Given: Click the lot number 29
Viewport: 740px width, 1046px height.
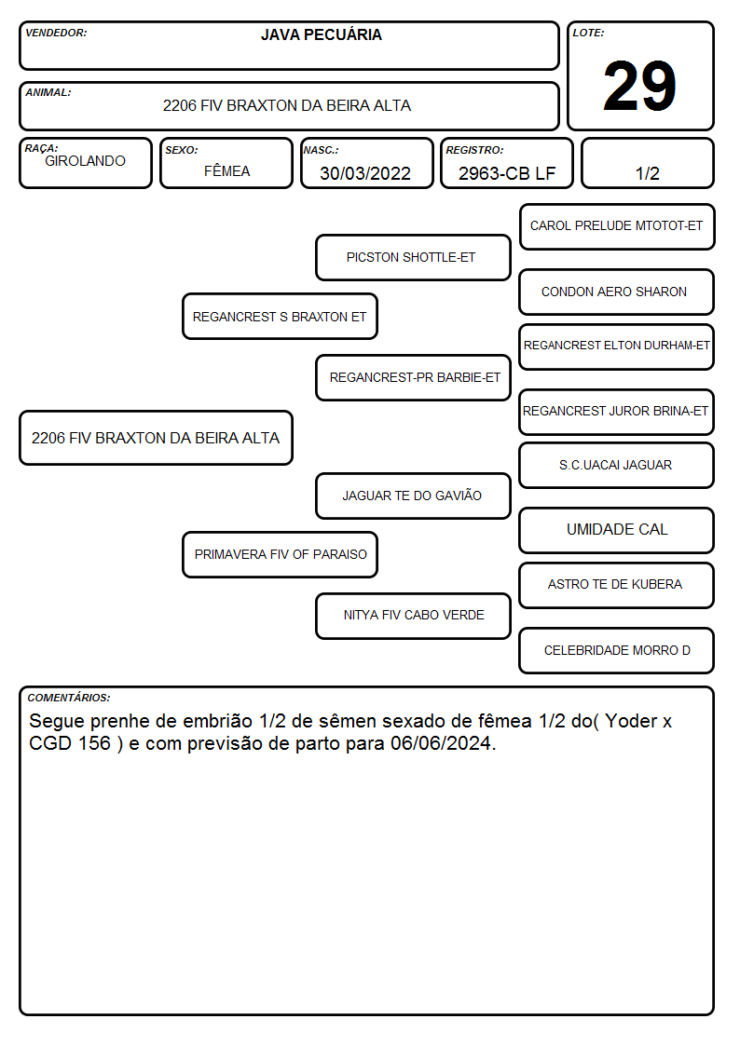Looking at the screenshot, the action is click(639, 86).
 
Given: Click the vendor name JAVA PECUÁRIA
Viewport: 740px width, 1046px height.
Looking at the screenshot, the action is click(321, 34).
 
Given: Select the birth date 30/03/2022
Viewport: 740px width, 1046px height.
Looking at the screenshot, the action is click(365, 173).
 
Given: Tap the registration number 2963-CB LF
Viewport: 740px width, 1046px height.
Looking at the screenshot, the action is click(506, 173).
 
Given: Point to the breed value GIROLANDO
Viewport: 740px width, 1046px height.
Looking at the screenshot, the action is click(85, 161).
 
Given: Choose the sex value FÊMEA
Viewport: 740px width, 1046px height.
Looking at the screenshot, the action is click(226, 170).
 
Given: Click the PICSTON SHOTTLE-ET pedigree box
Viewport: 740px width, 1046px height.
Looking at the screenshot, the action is click(413, 257).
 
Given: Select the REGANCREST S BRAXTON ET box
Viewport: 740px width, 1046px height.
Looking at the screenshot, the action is click(280, 316).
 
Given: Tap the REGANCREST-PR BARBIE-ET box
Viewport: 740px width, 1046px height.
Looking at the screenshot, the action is click(413, 377).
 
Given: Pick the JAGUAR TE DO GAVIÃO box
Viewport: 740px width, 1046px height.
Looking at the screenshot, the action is click(413, 496).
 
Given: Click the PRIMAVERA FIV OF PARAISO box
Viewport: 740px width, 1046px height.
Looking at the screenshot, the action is click(280, 554).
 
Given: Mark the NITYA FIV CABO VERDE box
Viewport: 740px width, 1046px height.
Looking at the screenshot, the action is click(413, 616).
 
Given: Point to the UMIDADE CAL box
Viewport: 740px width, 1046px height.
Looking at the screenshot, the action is click(617, 530).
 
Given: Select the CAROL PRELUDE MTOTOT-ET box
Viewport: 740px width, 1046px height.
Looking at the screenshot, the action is click(617, 227).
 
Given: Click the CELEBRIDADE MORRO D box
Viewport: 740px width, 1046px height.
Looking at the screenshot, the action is click(617, 650).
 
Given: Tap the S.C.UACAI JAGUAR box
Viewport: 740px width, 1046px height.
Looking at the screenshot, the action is click(617, 465).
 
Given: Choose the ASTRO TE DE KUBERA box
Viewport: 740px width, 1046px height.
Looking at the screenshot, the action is click(617, 585).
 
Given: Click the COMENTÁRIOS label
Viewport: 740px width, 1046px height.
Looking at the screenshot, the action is click(69, 698).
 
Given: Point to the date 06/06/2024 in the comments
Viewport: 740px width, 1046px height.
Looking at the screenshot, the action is click(441, 743).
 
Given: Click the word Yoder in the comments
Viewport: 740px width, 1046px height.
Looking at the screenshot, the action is click(631, 721).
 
